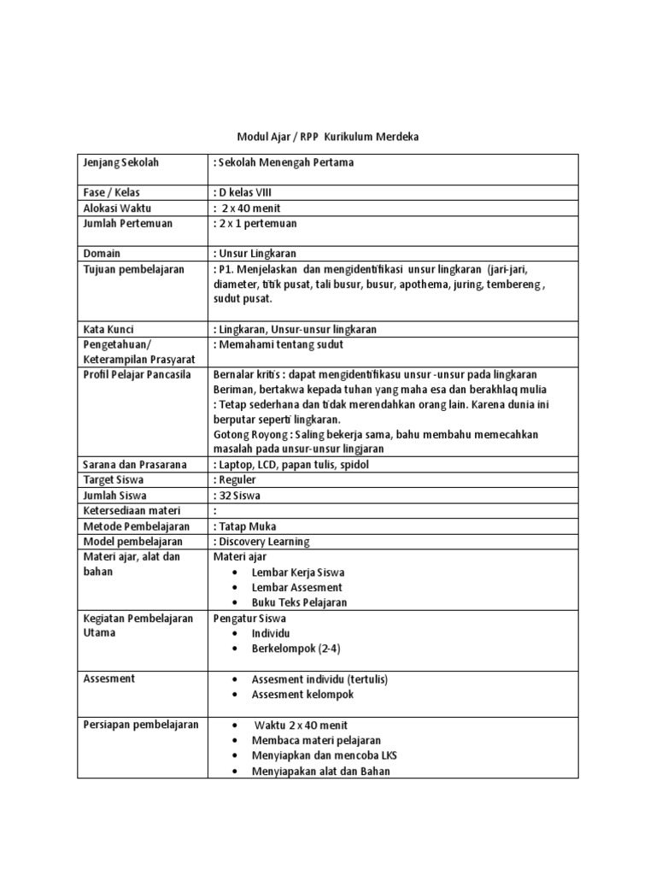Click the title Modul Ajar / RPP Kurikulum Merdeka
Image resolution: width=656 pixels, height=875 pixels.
[x=328, y=137]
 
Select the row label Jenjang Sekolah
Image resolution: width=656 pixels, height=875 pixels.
[x=121, y=162]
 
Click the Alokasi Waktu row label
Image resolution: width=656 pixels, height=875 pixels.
[x=120, y=208]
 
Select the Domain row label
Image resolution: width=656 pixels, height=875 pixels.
[x=102, y=254]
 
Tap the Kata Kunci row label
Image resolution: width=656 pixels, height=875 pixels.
[x=108, y=329]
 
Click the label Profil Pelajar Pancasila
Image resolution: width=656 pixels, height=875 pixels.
[x=138, y=374]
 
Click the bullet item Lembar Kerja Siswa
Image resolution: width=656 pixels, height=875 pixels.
[x=298, y=572]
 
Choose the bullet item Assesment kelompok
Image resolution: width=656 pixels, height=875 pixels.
[x=302, y=694]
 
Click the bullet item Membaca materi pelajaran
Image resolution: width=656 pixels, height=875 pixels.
[x=316, y=740]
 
